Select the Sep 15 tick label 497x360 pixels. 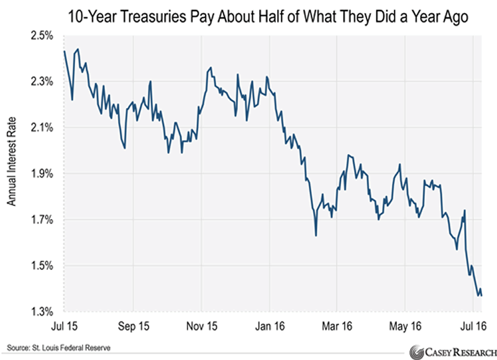[134, 325]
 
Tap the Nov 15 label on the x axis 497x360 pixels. [202, 325]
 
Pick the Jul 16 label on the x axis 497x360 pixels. [472, 325]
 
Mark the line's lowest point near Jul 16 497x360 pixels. [478, 295]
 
